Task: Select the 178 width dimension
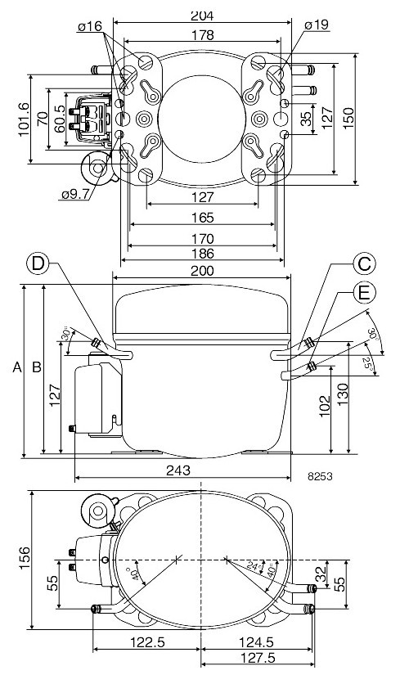[202, 35]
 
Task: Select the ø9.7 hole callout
[75, 194]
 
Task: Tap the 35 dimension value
[305, 119]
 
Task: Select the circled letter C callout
[365, 263]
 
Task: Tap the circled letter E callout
[365, 290]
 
